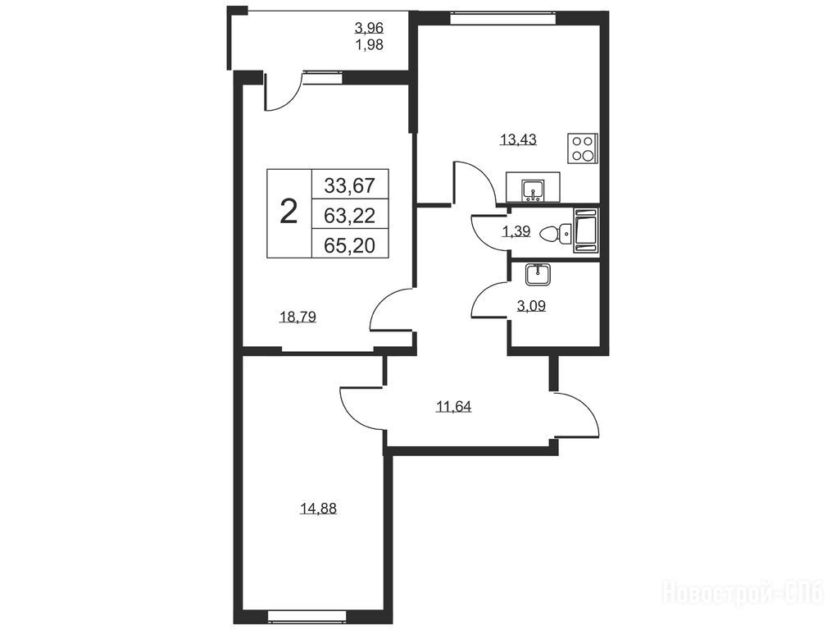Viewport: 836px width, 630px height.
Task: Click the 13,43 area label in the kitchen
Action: (x=518, y=139)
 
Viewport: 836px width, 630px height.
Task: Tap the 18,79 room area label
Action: (x=298, y=317)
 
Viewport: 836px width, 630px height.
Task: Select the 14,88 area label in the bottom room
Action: (x=318, y=509)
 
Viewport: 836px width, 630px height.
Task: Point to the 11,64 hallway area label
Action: (x=454, y=407)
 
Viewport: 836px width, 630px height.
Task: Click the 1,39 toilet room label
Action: (x=516, y=231)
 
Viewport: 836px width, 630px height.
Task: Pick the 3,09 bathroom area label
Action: (x=531, y=306)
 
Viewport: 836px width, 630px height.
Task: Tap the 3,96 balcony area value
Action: (x=369, y=27)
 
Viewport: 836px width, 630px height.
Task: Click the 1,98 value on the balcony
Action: (x=369, y=45)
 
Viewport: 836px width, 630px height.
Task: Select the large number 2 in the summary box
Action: (x=289, y=212)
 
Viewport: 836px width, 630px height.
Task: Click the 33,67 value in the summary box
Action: (x=350, y=185)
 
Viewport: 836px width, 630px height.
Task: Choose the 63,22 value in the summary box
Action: (x=350, y=216)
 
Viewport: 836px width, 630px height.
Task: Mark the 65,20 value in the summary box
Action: (x=350, y=245)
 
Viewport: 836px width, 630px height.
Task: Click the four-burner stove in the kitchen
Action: (x=582, y=148)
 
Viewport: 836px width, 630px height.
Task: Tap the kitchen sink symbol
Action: (x=533, y=191)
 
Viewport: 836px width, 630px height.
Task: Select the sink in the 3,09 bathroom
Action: (x=538, y=275)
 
